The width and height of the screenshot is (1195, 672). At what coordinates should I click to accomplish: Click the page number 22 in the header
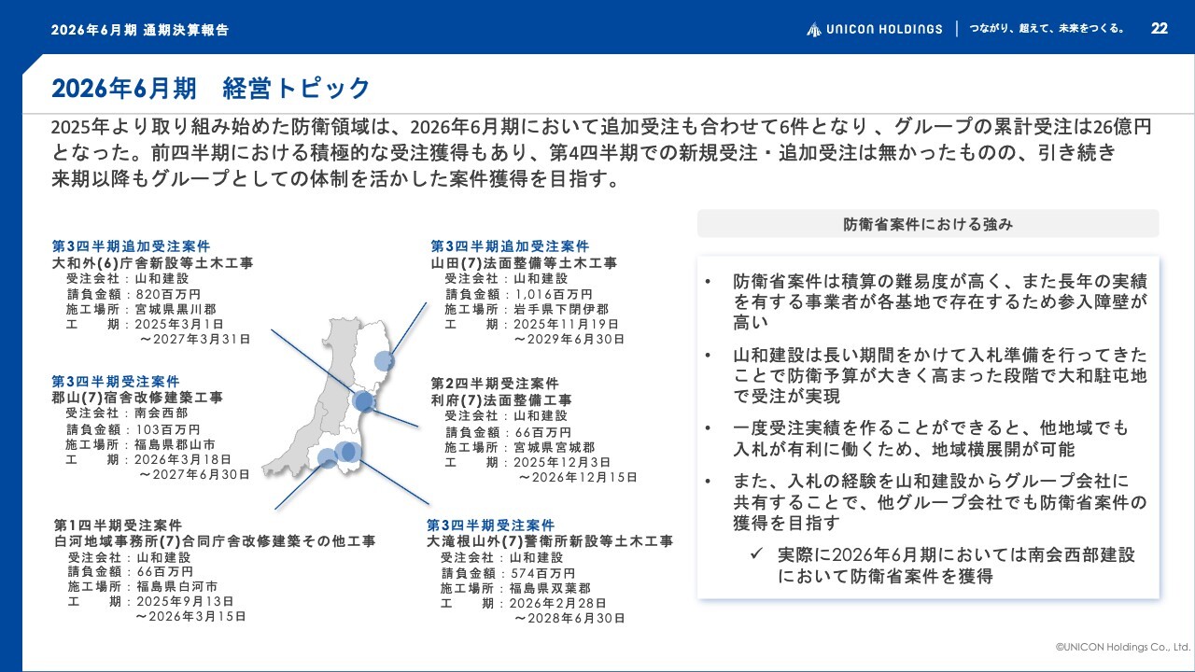[1160, 28]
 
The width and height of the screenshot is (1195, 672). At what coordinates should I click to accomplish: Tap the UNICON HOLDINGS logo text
[884, 29]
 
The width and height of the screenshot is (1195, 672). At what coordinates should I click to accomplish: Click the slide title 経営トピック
[296, 88]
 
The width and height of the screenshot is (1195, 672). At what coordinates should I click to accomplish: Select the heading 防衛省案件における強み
[928, 224]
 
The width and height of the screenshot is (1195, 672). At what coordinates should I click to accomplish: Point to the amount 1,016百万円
[554, 294]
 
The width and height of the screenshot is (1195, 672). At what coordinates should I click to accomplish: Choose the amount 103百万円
[168, 429]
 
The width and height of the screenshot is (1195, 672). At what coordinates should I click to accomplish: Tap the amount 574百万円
[542, 573]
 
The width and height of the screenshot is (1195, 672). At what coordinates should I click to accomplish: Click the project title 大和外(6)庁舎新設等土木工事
[152, 263]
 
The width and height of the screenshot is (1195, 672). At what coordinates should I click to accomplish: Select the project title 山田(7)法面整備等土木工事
[524, 263]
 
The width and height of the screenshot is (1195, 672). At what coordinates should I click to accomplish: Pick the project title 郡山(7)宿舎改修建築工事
[137, 398]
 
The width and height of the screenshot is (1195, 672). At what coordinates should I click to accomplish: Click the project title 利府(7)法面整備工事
[501, 400]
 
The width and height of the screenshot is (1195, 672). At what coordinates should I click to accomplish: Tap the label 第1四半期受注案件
[118, 525]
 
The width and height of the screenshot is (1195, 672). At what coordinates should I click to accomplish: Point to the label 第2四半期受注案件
[495, 384]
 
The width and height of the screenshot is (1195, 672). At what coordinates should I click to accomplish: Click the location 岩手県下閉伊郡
[561, 309]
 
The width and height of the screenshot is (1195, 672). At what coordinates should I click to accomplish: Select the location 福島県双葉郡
[550, 588]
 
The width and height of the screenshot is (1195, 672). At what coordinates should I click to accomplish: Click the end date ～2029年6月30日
[569, 339]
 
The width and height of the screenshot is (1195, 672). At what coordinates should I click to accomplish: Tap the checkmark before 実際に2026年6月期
[756, 553]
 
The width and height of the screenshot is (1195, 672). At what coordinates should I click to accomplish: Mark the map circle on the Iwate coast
[384, 361]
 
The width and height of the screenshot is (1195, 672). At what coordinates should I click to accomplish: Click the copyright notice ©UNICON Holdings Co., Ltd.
[1123, 647]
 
